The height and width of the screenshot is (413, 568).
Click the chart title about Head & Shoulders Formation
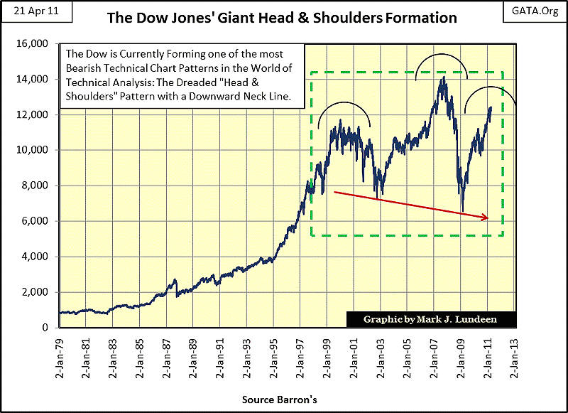tap(282, 17)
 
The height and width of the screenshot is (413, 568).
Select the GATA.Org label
tap(537, 11)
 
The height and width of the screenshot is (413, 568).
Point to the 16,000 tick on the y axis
tap(33, 43)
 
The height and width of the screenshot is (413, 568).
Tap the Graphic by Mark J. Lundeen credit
tap(430, 319)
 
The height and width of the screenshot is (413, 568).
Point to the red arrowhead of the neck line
tap(485, 218)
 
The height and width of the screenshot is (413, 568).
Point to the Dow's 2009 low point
tap(463, 211)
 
